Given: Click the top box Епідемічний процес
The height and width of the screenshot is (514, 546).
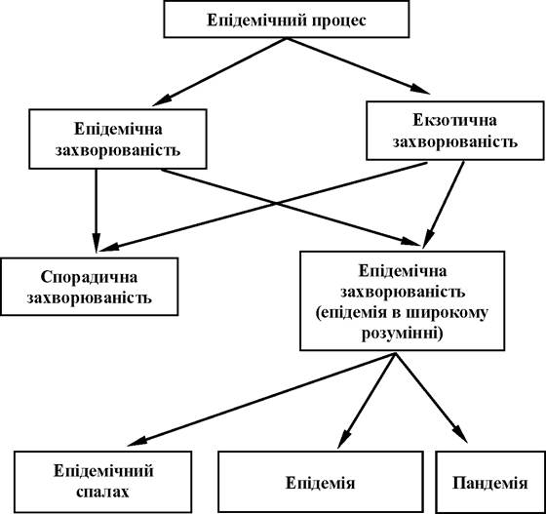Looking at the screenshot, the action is pyautogui.click(x=287, y=19).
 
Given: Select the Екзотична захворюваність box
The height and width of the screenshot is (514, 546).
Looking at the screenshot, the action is pyautogui.click(x=455, y=131).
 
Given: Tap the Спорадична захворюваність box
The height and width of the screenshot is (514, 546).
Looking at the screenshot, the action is pyautogui.click(x=90, y=287).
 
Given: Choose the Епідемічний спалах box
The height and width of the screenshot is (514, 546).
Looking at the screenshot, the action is pyautogui.click(x=103, y=482).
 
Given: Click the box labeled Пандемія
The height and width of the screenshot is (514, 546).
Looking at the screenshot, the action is pyautogui.click(x=490, y=483).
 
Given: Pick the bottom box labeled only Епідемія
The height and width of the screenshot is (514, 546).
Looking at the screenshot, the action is pyautogui.click(x=321, y=483).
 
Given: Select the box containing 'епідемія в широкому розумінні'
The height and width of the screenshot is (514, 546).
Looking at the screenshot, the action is pyautogui.click(x=402, y=300).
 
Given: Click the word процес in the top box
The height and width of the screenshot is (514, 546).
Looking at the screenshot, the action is pyautogui.click(x=339, y=20).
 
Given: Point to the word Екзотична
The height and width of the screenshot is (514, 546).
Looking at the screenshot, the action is pyautogui.click(x=454, y=121).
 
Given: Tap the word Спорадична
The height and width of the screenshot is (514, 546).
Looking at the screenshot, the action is pyautogui.click(x=89, y=278).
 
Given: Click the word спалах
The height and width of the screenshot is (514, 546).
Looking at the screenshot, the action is pyautogui.click(x=102, y=493).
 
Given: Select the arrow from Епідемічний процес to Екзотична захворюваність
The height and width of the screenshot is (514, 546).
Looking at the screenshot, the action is pyautogui.click(x=359, y=65).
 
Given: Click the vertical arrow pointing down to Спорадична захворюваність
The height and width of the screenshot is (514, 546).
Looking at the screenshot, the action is pyautogui.click(x=97, y=211).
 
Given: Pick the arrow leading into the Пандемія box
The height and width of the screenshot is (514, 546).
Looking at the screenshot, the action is pyautogui.click(x=431, y=398).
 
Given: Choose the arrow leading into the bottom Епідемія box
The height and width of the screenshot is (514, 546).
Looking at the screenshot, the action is pyautogui.click(x=367, y=401).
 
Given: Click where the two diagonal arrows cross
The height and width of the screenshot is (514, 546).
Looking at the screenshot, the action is pyautogui.click(x=276, y=203).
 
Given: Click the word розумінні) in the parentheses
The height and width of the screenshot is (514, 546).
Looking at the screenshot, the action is pyautogui.click(x=402, y=334).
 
